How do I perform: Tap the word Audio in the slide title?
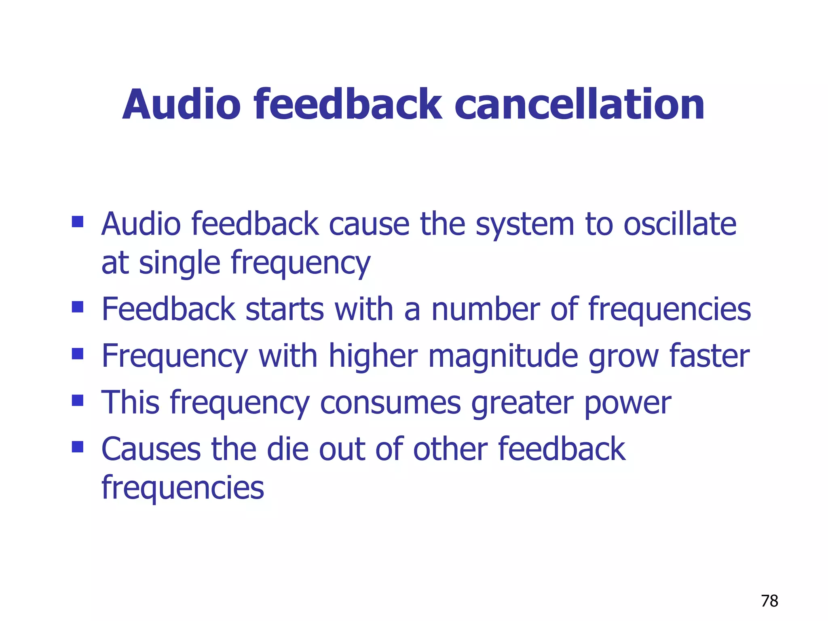click(182, 105)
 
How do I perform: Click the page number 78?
click(769, 601)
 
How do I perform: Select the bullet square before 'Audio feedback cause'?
click(77, 222)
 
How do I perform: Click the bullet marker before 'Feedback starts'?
click(77, 307)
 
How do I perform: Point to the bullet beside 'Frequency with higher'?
click(77, 354)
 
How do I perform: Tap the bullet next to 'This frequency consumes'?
click(77, 400)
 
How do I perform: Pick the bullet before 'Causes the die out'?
click(77, 447)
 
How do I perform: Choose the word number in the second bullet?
click(486, 309)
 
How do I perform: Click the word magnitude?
click(503, 356)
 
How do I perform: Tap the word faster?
click(710, 356)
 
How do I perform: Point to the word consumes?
click(390, 403)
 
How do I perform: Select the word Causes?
click(151, 450)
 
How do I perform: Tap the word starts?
click(285, 309)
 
